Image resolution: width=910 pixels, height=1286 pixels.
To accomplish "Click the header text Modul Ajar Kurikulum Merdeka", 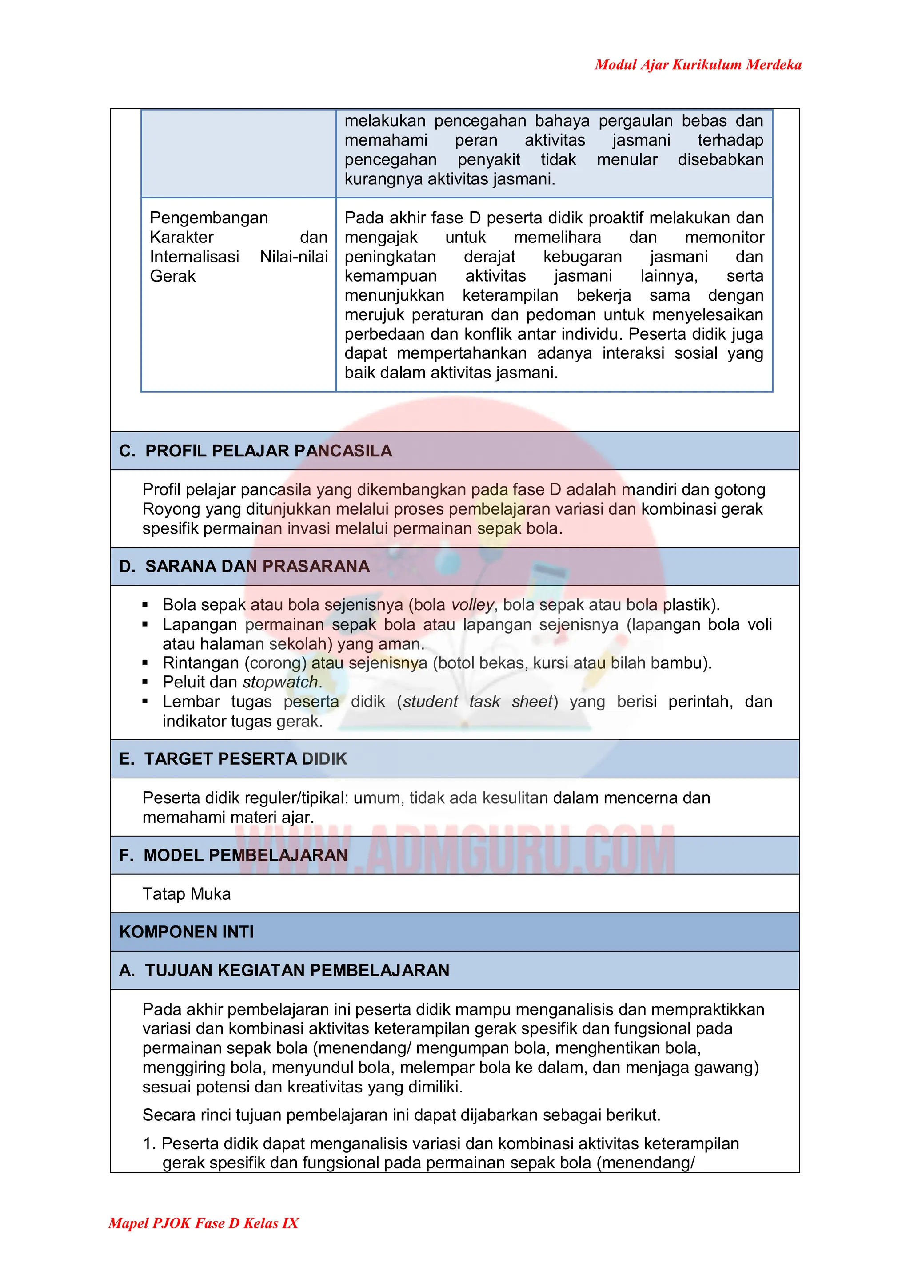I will point(698,65).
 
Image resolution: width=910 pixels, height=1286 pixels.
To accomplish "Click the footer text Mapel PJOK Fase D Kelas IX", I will point(204,1222).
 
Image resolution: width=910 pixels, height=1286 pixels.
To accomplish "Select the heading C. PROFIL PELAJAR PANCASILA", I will point(255,451).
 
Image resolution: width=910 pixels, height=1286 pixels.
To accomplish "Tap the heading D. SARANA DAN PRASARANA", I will point(244,566).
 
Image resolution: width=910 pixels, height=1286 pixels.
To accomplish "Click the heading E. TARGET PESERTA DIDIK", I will point(233,759).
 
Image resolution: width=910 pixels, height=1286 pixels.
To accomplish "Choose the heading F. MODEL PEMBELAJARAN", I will point(233,855).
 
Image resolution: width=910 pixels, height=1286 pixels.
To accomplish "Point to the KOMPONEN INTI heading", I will point(187,932).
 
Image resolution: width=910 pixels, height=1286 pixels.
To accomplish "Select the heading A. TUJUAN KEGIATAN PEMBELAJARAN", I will point(284,971).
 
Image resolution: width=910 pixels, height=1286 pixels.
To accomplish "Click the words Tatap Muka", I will point(187,894).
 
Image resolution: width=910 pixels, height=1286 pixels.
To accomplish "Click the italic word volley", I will point(472,605).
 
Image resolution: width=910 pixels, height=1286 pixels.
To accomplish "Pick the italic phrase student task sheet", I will point(477,702).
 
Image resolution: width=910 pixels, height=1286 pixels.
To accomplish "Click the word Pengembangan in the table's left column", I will point(209,218).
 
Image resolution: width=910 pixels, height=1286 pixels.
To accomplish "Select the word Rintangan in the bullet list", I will point(200,663).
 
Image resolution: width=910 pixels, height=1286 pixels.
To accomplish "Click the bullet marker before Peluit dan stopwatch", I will point(145,682).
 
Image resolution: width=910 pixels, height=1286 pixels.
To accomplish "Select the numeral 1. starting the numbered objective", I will point(149,1144).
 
